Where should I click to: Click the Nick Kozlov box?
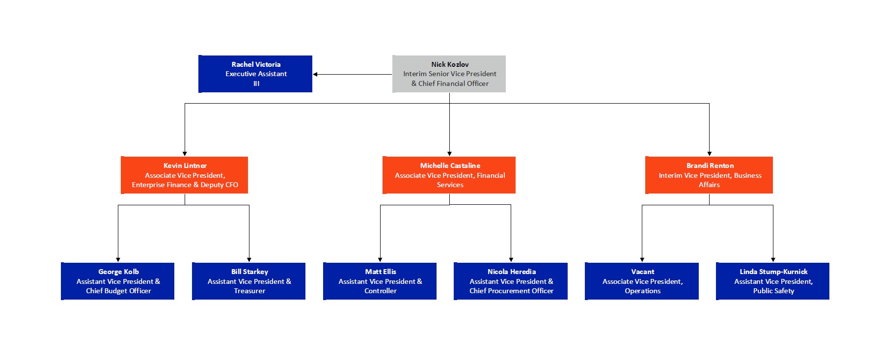pyautogui.click(x=449, y=74)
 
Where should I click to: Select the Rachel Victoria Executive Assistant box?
pyautogui.click(x=255, y=74)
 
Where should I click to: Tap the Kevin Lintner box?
pyautogui.click(x=184, y=175)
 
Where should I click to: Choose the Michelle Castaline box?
pyautogui.click(x=449, y=175)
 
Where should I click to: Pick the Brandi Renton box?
pyautogui.click(x=709, y=175)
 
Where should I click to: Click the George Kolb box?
pyautogui.click(x=118, y=281)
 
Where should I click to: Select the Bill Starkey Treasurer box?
pyautogui.click(x=249, y=281)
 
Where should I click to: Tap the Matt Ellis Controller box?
pyautogui.click(x=380, y=281)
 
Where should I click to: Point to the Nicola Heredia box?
pyautogui.click(x=511, y=281)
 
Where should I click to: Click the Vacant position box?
pyautogui.click(x=642, y=281)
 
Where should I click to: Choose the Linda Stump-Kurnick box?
pyautogui.click(x=773, y=281)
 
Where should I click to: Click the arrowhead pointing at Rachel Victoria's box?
pyautogui.click(x=315, y=74)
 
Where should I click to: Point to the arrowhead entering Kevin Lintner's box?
pyautogui.click(x=185, y=154)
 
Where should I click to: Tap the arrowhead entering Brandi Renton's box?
pyautogui.click(x=709, y=154)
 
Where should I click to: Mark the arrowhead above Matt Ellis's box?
pyautogui.click(x=380, y=260)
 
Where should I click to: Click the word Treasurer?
pyautogui.click(x=249, y=291)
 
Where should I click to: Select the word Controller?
pyautogui.click(x=381, y=291)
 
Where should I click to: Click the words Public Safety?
pyautogui.click(x=773, y=291)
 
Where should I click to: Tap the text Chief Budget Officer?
pyautogui.click(x=118, y=291)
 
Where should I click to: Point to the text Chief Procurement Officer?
pyautogui.click(x=511, y=291)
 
